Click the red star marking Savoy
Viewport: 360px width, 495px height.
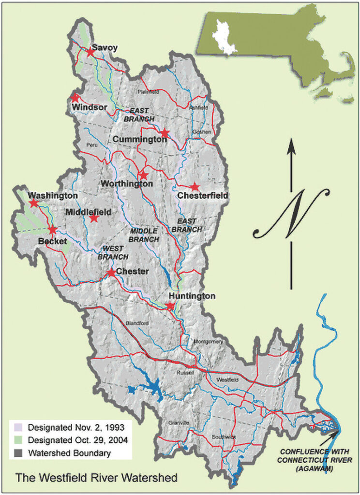[90, 52]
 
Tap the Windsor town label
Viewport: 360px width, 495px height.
[90, 107]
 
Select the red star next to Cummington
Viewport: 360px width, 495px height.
[165, 133]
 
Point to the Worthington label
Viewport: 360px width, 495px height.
[127, 184]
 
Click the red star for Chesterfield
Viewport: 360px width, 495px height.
[195, 187]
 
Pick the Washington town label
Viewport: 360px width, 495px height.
[53, 196]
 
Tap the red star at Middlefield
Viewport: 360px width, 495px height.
[94, 218]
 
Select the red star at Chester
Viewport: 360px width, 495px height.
[111, 273]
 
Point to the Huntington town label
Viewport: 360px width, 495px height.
[192, 296]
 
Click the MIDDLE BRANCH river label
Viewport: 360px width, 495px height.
[144, 235]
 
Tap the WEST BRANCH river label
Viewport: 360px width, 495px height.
[113, 253]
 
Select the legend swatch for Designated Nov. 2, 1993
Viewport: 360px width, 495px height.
[19, 427]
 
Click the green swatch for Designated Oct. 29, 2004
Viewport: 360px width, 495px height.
[19, 440]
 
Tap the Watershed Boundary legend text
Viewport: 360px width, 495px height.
[69, 453]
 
